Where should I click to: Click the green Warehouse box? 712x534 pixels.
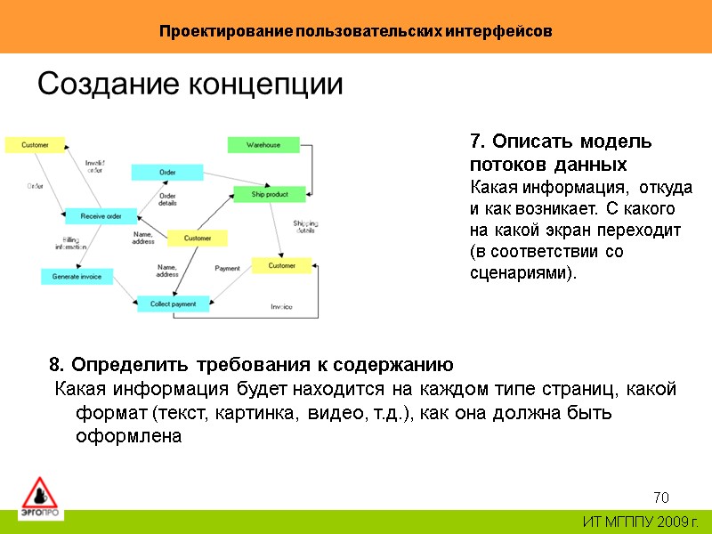point(263,144)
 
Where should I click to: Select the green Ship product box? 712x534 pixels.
point(270,194)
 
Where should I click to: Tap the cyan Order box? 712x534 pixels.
point(167,172)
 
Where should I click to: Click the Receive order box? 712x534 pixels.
point(101,215)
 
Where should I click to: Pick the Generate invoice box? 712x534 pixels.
point(77,277)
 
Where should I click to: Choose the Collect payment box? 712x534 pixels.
point(173,304)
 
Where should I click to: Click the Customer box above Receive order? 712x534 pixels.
point(36,144)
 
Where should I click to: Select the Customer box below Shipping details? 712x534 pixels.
point(281,265)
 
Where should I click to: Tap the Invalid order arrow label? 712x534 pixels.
point(95,166)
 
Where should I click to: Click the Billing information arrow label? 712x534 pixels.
point(71,243)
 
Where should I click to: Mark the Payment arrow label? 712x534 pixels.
point(228,268)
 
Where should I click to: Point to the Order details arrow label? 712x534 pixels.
point(167,198)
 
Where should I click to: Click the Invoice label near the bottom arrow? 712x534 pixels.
point(281,307)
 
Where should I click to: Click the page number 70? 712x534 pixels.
point(660,497)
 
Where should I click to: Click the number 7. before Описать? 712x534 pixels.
point(476,142)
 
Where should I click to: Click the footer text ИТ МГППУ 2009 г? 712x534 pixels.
point(641,522)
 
